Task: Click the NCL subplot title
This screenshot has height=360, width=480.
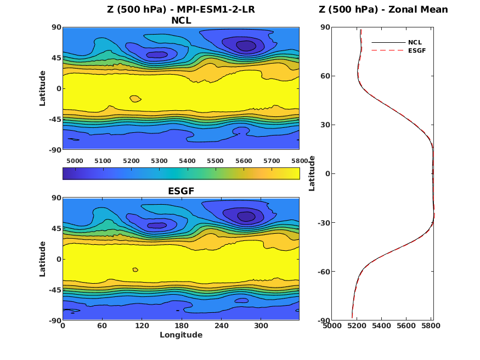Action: (181, 21)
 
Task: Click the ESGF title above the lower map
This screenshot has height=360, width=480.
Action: (181, 191)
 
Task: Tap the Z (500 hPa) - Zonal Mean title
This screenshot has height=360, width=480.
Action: (383, 9)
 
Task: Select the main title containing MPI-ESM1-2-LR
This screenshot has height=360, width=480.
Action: (181, 9)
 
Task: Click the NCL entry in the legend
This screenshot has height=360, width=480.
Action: (415, 42)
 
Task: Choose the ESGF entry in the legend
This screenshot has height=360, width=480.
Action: (416, 50)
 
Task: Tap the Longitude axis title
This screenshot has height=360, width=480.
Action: (181, 335)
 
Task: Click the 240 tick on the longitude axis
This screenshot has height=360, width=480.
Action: (221, 326)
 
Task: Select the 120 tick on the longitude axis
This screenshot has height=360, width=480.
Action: (142, 326)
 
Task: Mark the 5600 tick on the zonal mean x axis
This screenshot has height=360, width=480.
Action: (406, 326)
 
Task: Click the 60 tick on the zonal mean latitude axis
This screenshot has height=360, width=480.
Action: (324, 76)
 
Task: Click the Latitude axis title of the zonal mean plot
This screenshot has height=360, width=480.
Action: (312, 173)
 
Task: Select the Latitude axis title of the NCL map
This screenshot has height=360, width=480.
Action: (43, 88)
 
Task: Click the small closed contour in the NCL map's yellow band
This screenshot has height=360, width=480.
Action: (135, 99)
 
